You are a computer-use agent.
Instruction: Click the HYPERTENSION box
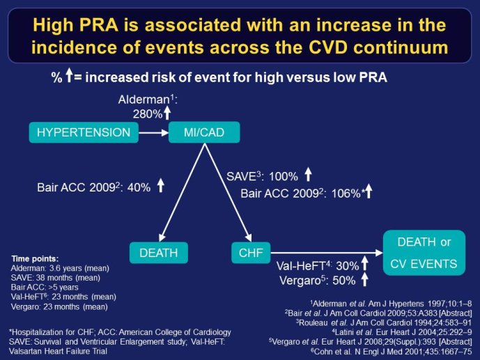[x=84, y=132]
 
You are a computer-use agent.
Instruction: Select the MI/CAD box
[x=204, y=132]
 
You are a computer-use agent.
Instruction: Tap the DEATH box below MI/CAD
[x=159, y=253]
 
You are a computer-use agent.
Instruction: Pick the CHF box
[x=251, y=253]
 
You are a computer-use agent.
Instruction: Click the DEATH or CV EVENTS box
[x=424, y=253]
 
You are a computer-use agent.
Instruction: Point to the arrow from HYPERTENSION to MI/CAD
[x=154, y=133]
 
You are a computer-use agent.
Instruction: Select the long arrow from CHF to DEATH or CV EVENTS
[x=327, y=253]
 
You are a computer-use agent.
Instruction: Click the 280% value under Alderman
[x=148, y=114]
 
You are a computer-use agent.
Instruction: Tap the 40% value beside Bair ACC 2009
[x=139, y=187]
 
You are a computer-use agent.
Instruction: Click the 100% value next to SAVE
[x=283, y=176]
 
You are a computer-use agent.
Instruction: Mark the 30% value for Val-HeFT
[x=348, y=266]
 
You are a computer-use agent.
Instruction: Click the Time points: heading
[x=35, y=259]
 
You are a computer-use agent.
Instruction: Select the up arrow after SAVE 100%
[x=308, y=174]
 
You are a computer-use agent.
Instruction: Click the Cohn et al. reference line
[x=392, y=352]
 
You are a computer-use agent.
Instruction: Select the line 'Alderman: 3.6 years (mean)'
[x=60, y=268]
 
